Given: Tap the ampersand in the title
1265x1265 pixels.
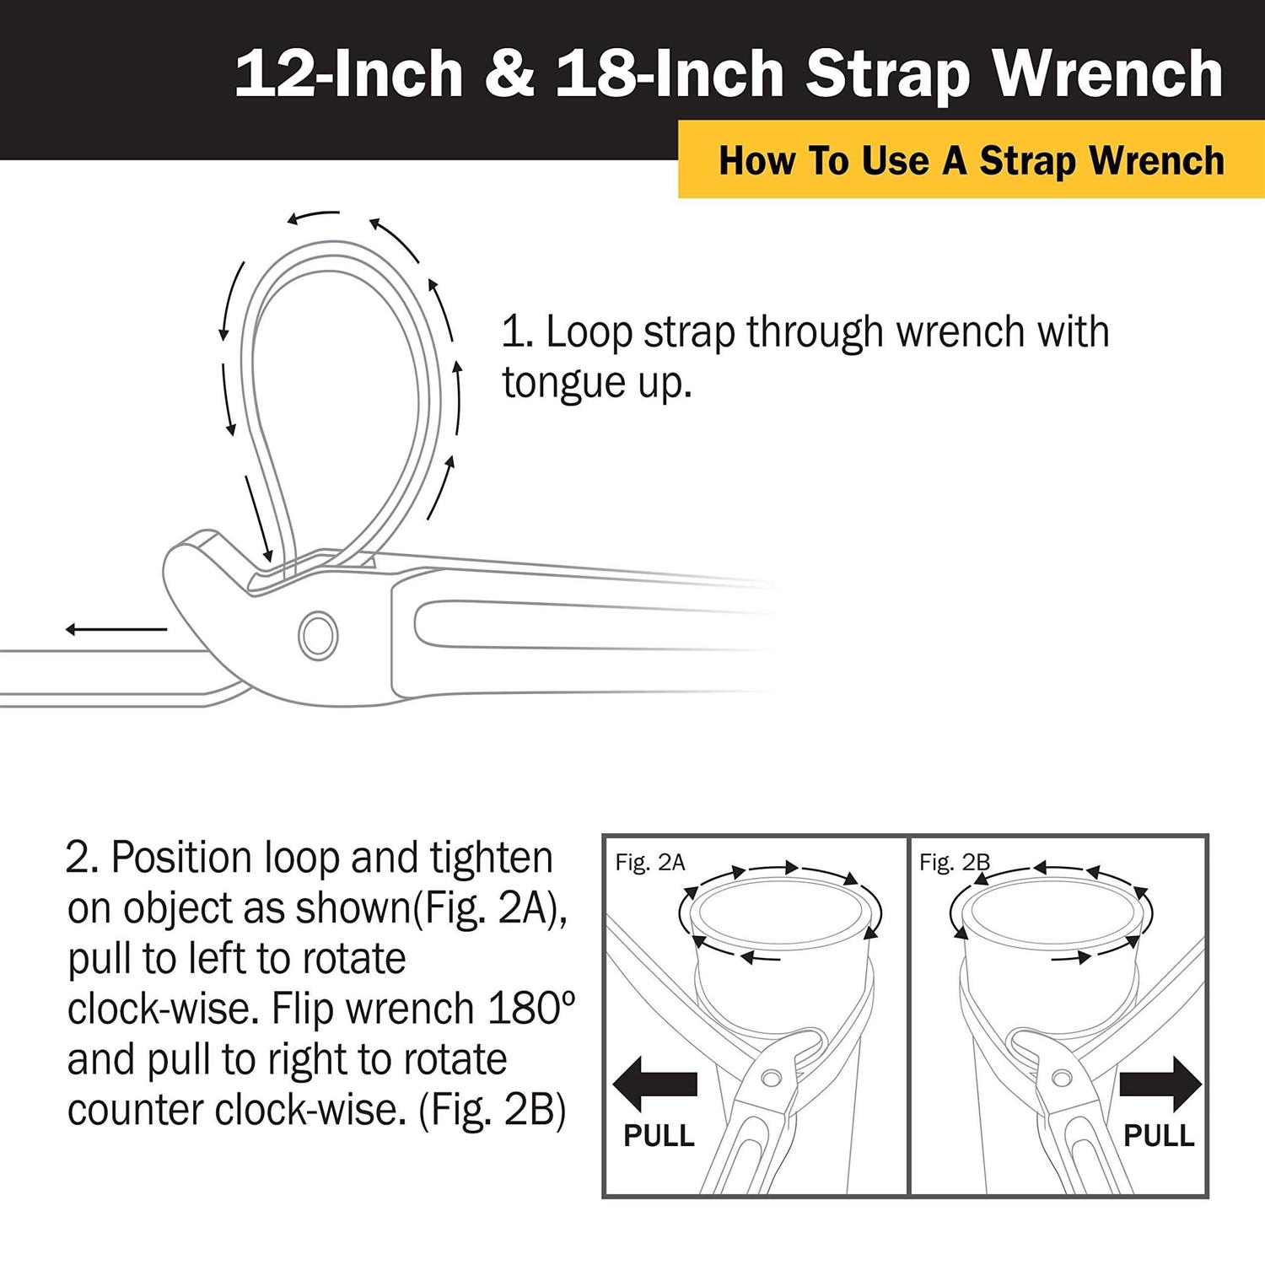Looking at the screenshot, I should pos(509,74).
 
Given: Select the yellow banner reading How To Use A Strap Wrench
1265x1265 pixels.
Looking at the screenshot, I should pos(971,160).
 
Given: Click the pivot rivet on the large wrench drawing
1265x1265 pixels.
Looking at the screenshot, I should pos(319,635).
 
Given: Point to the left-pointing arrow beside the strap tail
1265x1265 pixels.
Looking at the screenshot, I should pos(116,629).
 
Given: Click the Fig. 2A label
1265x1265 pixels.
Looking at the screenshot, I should pos(650,863).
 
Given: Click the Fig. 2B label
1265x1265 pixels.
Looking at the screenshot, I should pos(954,863).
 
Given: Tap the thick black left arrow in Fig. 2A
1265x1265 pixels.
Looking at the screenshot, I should pos(655,1084).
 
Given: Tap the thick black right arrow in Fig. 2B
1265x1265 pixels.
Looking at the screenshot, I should pos(1160,1084).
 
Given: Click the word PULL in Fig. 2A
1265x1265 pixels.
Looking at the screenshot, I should pos(659,1136).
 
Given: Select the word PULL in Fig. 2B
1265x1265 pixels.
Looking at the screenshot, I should pos(1159,1136).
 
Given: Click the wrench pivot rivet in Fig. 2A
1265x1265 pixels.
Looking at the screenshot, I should pos(770,1078).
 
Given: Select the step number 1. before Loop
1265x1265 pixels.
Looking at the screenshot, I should pos(517,332).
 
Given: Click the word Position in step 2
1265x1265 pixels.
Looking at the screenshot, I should pos(180,859).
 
